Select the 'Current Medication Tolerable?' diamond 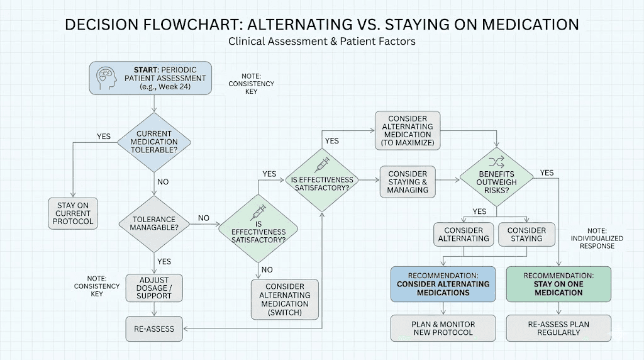[x=154, y=143]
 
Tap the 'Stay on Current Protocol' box [x=74, y=213]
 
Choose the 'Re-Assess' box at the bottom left [x=154, y=328]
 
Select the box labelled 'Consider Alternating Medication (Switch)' [x=285, y=299]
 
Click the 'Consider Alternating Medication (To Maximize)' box [x=407, y=131]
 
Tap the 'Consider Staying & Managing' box [x=407, y=182]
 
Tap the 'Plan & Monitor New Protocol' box [x=443, y=328]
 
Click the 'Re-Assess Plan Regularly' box [x=558, y=328]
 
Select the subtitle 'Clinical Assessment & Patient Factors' [x=322, y=42]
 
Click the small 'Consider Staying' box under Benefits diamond [x=526, y=234]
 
